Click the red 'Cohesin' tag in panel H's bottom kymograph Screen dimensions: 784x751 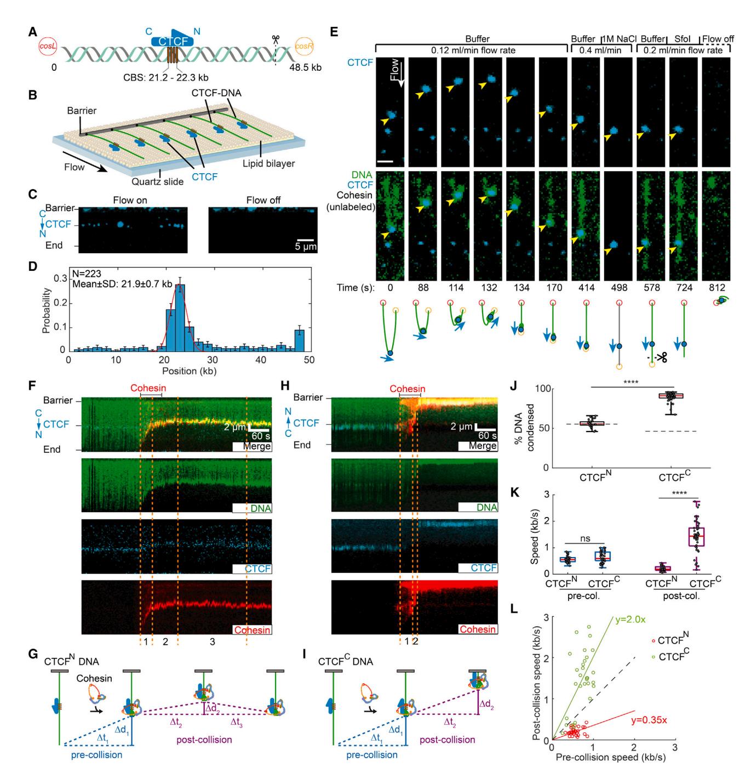click(478, 629)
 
